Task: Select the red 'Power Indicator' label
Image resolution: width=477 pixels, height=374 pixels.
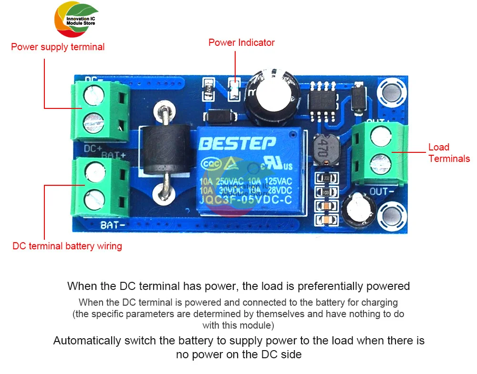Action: click(x=241, y=43)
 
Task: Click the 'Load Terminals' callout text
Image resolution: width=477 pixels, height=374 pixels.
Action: click(x=449, y=153)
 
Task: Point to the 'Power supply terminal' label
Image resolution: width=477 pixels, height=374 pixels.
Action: click(x=58, y=47)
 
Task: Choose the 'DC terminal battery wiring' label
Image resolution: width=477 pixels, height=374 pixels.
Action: click(x=67, y=246)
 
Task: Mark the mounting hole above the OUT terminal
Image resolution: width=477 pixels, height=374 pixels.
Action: click(x=392, y=93)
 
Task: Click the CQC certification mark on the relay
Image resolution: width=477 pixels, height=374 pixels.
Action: click(x=211, y=163)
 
